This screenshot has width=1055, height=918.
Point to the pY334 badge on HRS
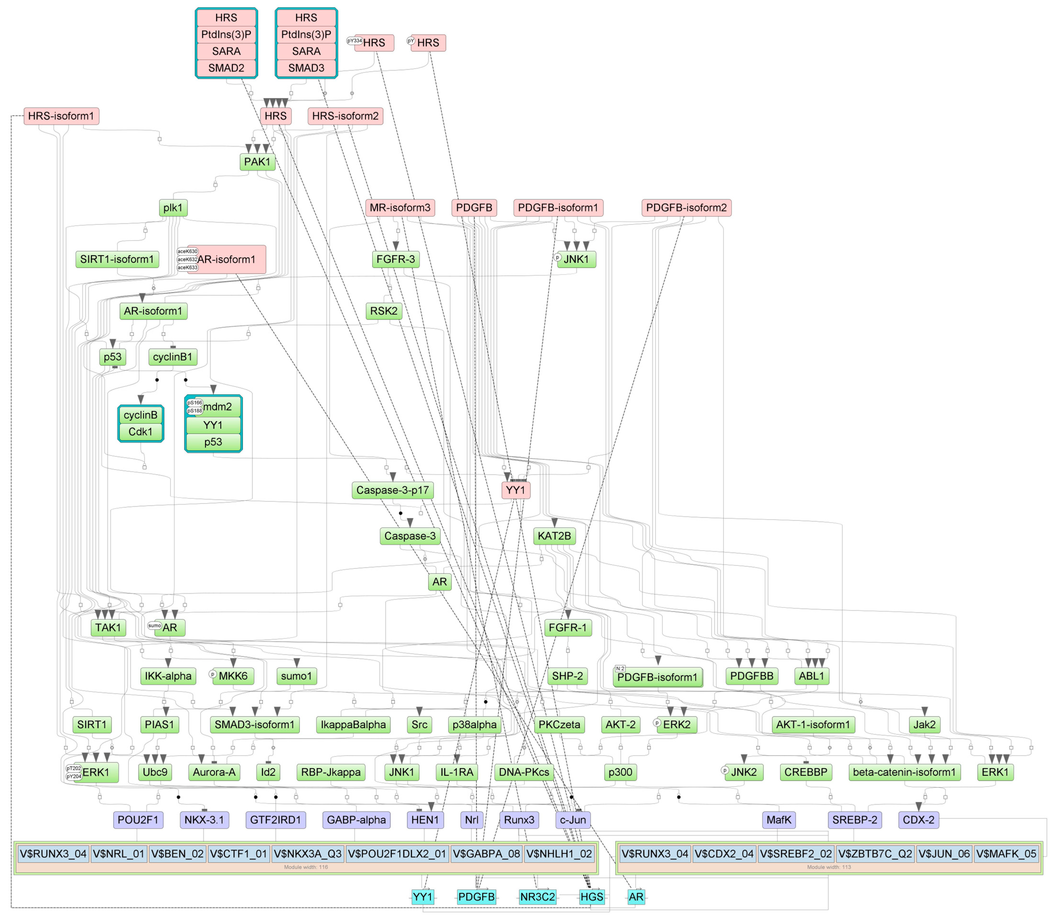tap(355, 41)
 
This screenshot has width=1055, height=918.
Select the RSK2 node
tap(384, 311)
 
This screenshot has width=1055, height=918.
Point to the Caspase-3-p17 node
tap(392, 490)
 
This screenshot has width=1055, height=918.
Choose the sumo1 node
tap(296, 676)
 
